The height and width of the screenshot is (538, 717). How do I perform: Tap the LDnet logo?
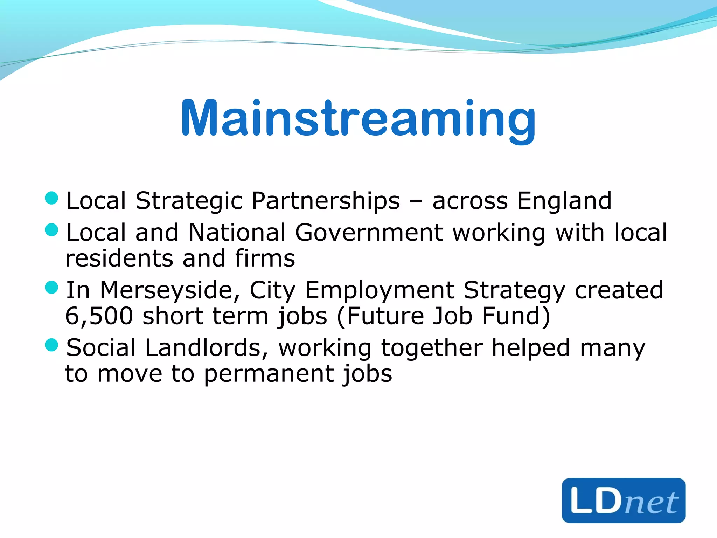[x=624, y=500]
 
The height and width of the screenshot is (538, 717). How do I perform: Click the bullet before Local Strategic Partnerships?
[x=51, y=198]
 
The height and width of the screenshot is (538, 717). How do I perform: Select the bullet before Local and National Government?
[x=51, y=230]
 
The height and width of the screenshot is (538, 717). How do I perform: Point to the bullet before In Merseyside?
[x=51, y=288]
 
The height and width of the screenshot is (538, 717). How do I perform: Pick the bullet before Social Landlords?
[x=51, y=345]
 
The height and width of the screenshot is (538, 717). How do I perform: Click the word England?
[x=564, y=201]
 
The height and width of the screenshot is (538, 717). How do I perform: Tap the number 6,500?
[x=99, y=316]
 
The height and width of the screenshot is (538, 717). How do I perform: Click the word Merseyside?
[x=170, y=291]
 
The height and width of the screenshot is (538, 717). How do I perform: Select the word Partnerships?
[x=326, y=201]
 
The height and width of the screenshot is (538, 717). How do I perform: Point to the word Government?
[x=369, y=233]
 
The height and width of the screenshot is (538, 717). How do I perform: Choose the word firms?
[x=265, y=258]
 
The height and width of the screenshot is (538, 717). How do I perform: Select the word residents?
[x=119, y=258]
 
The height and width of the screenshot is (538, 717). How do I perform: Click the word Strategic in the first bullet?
[x=189, y=201]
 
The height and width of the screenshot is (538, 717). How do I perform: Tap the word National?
[x=237, y=233]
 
